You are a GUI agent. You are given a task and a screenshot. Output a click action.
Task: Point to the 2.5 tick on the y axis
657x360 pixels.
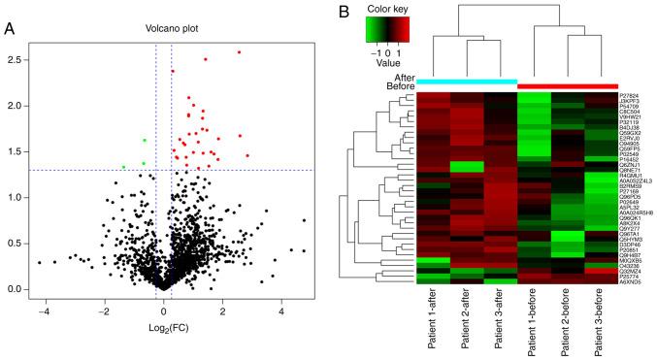tap(20, 59)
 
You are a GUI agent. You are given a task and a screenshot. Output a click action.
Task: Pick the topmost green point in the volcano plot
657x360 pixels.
tap(145, 141)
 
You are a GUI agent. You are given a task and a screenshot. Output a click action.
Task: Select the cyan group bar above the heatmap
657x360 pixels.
tap(468, 82)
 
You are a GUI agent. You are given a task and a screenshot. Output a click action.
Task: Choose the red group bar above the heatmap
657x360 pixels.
tap(568, 85)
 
